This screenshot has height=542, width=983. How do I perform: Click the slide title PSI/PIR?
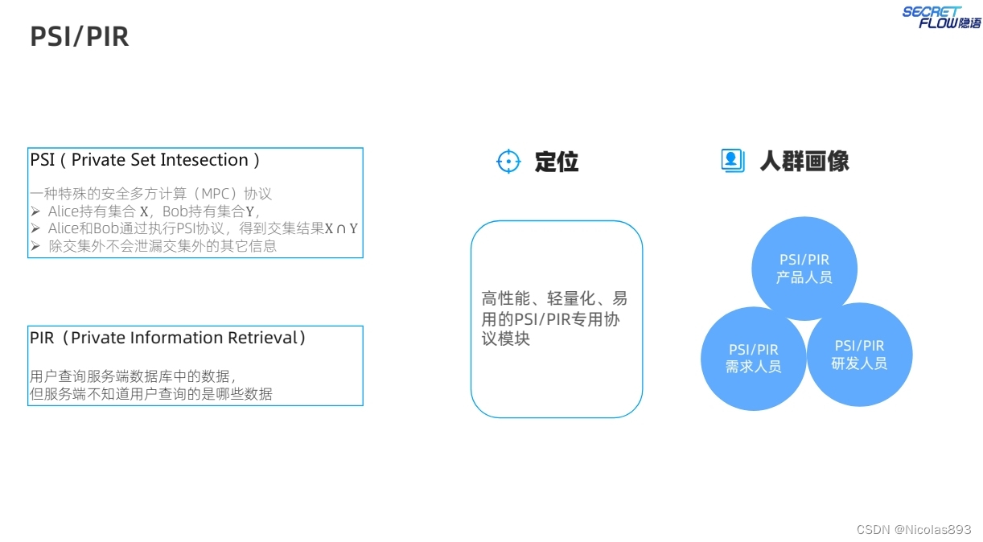point(79,37)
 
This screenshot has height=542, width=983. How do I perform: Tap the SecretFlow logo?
point(940,17)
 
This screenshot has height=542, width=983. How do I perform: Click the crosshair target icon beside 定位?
point(508,162)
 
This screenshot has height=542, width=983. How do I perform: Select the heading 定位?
point(557,162)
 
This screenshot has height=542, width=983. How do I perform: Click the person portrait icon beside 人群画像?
point(732,160)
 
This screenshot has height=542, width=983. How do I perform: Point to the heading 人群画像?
point(804,162)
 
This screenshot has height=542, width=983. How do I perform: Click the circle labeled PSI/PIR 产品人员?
point(804,269)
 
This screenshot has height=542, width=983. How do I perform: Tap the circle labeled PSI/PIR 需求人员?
point(753,358)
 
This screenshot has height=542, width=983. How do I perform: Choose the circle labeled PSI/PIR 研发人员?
point(859,355)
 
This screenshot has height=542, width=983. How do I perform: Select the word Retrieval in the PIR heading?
point(260,338)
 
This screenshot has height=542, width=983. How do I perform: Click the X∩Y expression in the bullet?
point(341,228)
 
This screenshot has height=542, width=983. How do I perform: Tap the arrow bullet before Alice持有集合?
point(35,211)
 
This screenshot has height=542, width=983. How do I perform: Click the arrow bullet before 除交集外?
point(35,246)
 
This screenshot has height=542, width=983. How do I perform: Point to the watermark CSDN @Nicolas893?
point(914,529)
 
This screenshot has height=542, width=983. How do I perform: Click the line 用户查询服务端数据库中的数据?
point(132,376)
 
